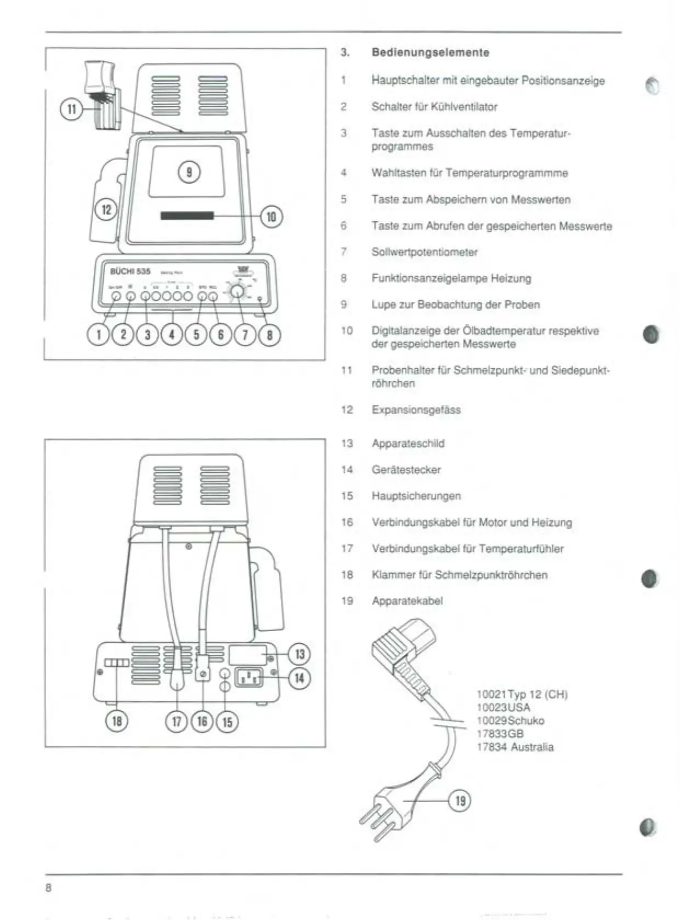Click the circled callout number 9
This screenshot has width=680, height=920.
pyautogui.click(x=189, y=172)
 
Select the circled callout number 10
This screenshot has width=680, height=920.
pyautogui.click(x=271, y=217)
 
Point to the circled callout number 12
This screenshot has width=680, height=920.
pyautogui.click(x=106, y=209)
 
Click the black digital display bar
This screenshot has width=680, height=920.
pyautogui.click(x=187, y=215)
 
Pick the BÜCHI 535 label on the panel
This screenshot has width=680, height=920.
pyautogui.click(x=130, y=271)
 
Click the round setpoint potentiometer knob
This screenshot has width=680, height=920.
pyautogui.click(x=237, y=291)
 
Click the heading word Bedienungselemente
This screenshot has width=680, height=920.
pyautogui.click(x=430, y=53)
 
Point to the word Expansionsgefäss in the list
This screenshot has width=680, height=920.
pyautogui.click(x=416, y=410)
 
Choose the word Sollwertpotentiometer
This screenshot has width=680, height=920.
pyautogui.click(x=424, y=252)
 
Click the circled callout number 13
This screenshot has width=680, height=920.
pyautogui.click(x=299, y=654)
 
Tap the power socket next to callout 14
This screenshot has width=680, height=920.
pyautogui.click(x=249, y=678)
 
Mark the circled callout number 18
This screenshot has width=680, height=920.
pyautogui.click(x=117, y=721)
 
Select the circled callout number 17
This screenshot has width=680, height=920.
pyautogui.click(x=177, y=721)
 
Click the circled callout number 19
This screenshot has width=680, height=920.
pyautogui.click(x=460, y=801)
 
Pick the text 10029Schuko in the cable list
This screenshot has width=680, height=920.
pyautogui.click(x=510, y=721)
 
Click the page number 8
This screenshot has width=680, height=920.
pyautogui.click(x=48, y=888)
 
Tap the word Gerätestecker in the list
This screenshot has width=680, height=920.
pyautogui.click(x=406, y=470)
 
